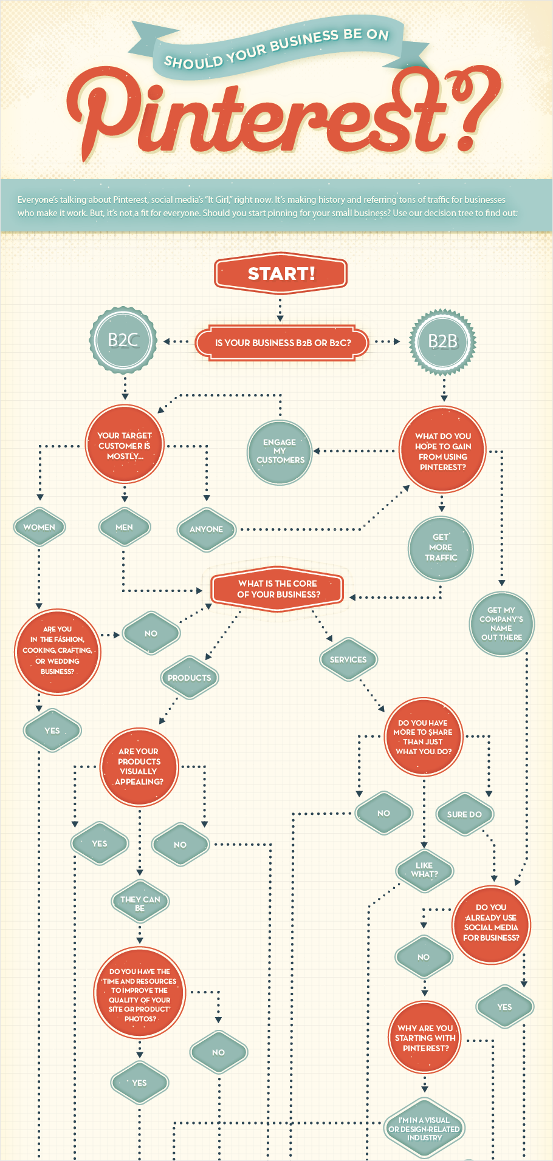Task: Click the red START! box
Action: click(281, 273)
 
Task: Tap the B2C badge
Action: click(123, 340)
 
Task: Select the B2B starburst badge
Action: click(443, 341)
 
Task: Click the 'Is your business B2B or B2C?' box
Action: click(282, 343)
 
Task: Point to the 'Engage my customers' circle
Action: click(280, 452)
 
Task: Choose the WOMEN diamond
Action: click(39, 527)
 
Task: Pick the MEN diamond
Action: click(124, 527)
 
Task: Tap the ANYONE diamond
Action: click(206, 529)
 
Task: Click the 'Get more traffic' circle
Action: click(441, 548)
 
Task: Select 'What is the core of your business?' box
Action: click(277, 589)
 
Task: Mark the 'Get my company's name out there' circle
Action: click(502, 624)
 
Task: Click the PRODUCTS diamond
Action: click(189, 678)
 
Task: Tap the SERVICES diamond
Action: click(348, 659)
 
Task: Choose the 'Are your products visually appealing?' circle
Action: click(140, 766)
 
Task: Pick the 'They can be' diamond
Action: click(140, 903)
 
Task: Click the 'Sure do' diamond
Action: click(464, 814)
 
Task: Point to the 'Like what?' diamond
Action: click(424, 870)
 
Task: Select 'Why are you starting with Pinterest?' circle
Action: click(425, 1038)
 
